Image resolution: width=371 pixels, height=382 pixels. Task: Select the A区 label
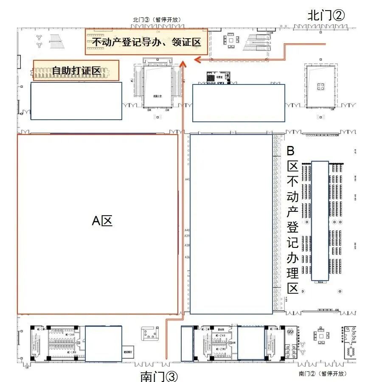(x=102, y=221)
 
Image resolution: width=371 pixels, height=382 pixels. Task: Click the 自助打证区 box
(x=76, y=70)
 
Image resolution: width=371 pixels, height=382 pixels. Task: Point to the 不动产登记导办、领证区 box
(x=146, y=42)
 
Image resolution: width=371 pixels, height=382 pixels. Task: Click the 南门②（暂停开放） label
(x=323, y=374)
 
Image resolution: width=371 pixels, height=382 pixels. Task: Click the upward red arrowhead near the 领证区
(x=183, y=64)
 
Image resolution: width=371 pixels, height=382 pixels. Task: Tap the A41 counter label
(x=187, y=180)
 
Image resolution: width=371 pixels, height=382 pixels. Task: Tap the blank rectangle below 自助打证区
(x=76, y=101)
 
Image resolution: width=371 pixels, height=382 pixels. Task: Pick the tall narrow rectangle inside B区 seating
(x=320, y=221)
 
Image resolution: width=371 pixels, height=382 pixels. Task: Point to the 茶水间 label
(x=221, y=329)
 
